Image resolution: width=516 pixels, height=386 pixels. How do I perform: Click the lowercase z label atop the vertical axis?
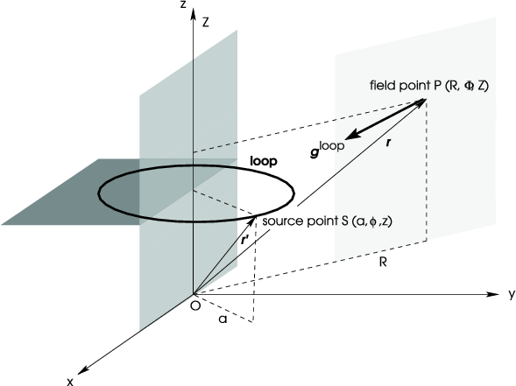point(183,4)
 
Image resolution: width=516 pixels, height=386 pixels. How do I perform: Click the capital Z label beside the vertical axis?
point(206,23)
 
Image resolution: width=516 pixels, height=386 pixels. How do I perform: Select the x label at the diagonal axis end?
point(70,382)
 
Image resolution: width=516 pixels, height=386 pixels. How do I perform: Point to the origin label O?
point(195,306)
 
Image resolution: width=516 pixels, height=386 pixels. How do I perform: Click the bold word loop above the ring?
point(264,161)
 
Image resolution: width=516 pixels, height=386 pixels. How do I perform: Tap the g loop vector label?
point(328,149)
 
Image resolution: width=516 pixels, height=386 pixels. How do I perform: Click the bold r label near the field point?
point(389,143)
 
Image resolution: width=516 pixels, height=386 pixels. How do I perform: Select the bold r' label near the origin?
point(245,241)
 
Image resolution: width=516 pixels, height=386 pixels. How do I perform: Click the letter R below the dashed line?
point(383,262)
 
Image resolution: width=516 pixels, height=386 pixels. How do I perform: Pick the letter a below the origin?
point(223,319)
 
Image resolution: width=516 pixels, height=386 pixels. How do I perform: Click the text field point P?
point(406,86)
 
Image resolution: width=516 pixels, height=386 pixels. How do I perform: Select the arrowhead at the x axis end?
point(83,370)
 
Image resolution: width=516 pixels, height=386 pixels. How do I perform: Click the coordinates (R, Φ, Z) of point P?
point(466,86)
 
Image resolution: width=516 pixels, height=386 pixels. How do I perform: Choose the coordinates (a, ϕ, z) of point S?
point(371,221)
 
